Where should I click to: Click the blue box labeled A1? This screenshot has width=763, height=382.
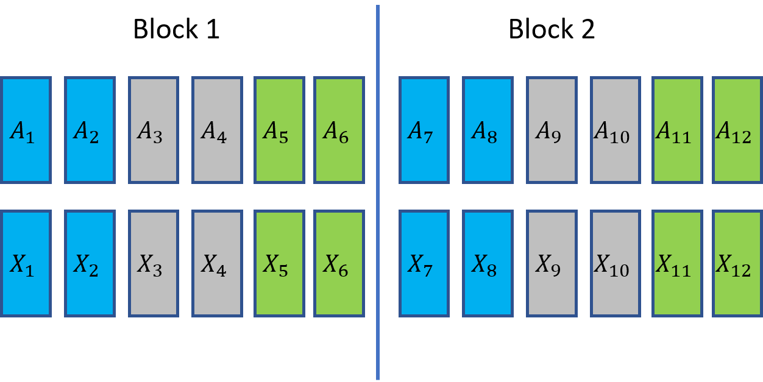(26, 130)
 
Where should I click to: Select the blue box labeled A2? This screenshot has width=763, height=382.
(90, 130)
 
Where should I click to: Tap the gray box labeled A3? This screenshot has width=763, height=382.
(153, 130)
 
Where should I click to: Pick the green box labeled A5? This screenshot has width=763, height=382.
(279, 130)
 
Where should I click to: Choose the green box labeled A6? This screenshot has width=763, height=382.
(339, 130)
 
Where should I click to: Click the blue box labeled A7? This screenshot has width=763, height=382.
(424, 130)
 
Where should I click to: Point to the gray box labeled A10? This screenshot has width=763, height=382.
(615, 130)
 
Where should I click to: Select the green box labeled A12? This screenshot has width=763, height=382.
(737, 130)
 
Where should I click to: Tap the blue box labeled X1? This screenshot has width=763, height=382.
(26, 263)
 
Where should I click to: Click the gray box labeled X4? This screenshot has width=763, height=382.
(217, 263)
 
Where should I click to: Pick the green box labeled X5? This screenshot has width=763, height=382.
(279, 263)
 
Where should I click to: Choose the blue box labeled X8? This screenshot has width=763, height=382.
(488, 263)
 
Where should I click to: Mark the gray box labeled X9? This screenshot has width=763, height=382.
(552, 263)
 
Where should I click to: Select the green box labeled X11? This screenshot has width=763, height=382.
(677, 263)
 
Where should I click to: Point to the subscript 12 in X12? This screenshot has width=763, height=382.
(742, 270)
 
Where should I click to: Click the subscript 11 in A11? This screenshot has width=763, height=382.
(681, 137)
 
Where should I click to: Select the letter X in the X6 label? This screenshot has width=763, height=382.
(331, 263)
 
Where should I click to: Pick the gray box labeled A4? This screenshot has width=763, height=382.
(217, 130)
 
